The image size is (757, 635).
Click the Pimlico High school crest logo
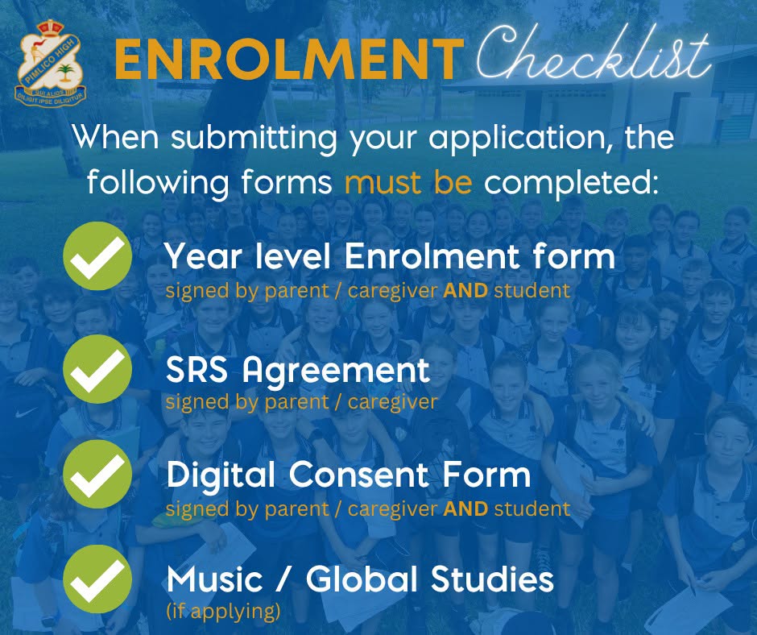click(x=51, y=63)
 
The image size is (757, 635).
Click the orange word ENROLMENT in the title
click(x=289, y=60)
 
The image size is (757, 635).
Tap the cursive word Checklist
click(x=594, y=55)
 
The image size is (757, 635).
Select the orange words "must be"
click(x=408, y=182)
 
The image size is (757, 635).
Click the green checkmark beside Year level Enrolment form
click(x=97, y=256)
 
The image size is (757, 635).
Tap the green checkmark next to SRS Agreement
click(x=97, y=369)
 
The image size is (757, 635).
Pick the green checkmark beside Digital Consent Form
click(x=97, y=474)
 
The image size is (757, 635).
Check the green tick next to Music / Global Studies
click(x=97, y=579)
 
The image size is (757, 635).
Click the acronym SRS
click(x=196, y=370)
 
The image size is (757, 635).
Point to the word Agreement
click(x=336, y=372)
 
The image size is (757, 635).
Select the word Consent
click(x=359, y=475)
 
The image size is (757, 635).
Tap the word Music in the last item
click(x=215, y=579)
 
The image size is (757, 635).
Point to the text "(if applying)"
click(x=223, y=612)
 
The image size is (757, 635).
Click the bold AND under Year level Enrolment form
click(x=465, y=291)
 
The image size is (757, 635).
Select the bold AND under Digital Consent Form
click(x=465, y=508)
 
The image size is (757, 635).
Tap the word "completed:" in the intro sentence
click(x=572, y=184)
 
